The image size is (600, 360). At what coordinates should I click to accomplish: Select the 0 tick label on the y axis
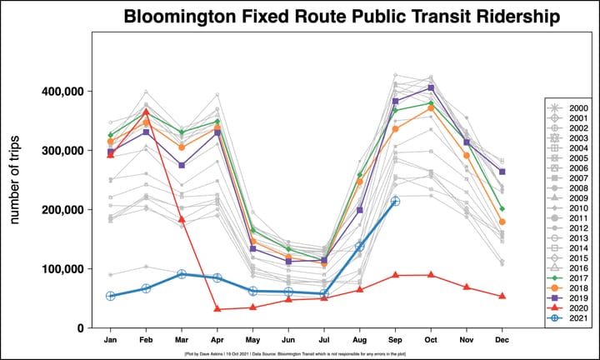coord(80,328)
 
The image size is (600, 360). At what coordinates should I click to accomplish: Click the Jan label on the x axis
coord(110,341)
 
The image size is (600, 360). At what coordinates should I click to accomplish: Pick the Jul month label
coord(324,341)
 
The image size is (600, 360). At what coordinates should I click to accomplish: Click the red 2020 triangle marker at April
coord(217,309)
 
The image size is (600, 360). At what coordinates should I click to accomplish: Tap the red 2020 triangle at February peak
coord(146,112)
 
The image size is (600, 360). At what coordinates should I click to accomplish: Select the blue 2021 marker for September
coord(396,201)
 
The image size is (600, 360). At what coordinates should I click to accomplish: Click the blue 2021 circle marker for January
coord(110,296)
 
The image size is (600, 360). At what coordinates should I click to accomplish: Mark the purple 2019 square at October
coord(431,88)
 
